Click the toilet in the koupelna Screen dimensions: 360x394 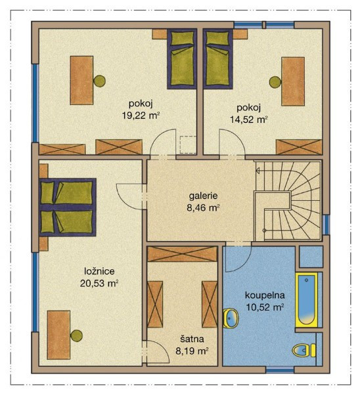point(304,350)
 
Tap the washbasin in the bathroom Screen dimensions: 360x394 point(231,318)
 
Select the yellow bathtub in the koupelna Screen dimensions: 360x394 point(306,300)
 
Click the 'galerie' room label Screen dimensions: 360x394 point(203,196)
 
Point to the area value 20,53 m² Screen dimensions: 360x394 point(99,284)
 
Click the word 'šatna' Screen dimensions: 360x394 point(192,339)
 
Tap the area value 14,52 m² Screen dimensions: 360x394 point(248,120)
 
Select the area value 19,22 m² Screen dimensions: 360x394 point(141,116)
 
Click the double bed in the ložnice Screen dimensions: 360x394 point(68,208)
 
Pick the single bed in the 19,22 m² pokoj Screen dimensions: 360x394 point(182,59)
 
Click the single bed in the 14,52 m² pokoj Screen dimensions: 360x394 point(218,59)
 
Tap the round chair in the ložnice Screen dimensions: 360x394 point(76,336)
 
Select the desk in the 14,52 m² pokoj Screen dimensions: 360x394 point(293,81)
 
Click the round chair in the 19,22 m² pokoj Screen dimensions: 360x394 point(99,81)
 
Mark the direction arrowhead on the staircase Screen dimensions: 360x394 point(258,171)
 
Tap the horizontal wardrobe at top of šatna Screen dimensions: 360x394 point(182,254)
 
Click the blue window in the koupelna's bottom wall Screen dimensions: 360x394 point(280,370)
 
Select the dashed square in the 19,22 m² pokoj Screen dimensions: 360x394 point(188,144)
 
